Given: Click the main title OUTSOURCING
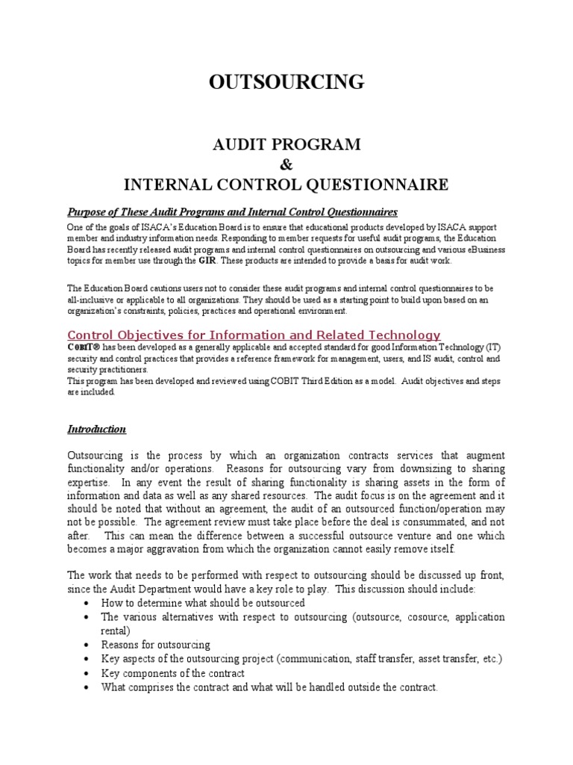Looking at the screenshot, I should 286,82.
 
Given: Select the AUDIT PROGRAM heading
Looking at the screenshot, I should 286,144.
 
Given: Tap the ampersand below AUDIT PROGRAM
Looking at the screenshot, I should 286,164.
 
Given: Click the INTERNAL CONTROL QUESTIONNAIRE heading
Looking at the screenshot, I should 286,184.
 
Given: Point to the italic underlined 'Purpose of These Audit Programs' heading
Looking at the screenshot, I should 233,212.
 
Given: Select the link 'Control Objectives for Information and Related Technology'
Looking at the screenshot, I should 254,335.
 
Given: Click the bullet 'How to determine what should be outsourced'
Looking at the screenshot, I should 203,603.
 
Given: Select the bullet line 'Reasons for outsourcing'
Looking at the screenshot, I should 156,644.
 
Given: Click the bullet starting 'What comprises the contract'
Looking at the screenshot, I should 269,687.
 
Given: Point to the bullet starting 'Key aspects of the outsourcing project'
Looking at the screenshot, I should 301,658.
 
